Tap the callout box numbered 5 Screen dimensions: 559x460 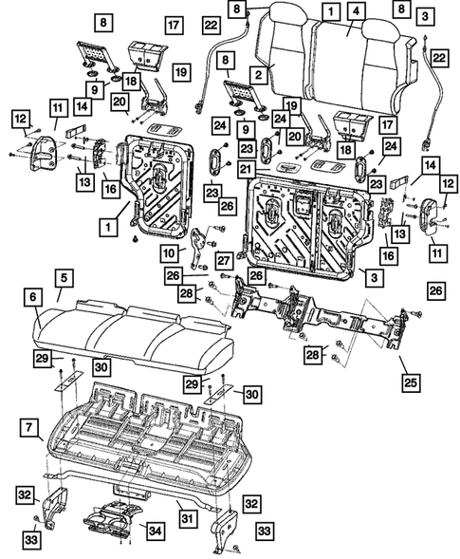[64, 278]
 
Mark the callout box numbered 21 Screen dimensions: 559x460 [246, 170]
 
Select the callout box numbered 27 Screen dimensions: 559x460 [225, 261]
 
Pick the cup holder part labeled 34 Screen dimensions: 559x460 [109, 520]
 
